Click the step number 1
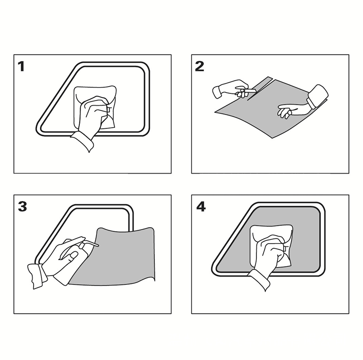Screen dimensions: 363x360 (21, 66)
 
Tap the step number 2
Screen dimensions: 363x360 (200, 66)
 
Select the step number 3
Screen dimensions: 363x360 (22, 207)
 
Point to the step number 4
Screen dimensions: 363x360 (201, 207)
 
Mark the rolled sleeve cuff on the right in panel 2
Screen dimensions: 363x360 (318, 96)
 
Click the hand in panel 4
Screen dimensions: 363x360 (269, 254)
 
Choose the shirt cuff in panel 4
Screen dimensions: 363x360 (259, 280)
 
